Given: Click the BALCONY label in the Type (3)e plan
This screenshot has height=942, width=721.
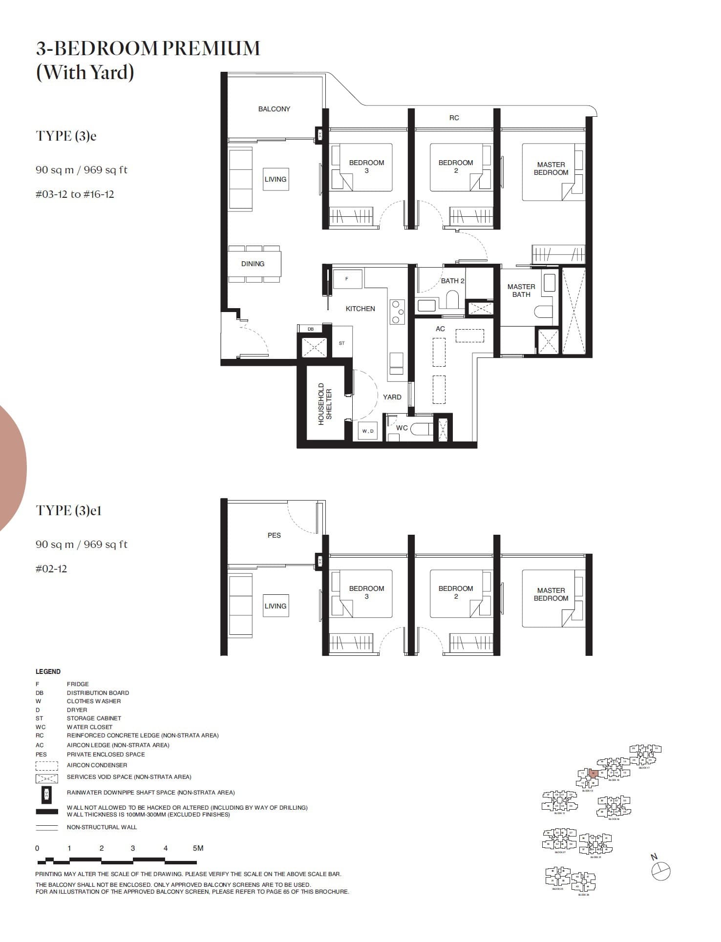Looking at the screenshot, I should [274, 109].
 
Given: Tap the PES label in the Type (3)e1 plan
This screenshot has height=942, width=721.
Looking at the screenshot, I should [274, 535].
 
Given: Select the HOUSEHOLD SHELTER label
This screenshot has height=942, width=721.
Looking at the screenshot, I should [325, 404].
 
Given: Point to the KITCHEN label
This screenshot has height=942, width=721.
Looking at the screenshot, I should [360, 309].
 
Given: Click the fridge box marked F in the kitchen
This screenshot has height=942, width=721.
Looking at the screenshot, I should [347, 279].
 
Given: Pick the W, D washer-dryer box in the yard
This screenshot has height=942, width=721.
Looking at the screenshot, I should [367, 431].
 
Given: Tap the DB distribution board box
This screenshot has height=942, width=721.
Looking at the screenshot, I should [311, 329].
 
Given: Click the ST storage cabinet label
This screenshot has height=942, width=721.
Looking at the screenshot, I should [341, 343].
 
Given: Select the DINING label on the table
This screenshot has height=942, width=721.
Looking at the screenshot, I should [253, 264].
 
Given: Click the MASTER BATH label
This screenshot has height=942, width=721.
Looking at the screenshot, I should [521, 291].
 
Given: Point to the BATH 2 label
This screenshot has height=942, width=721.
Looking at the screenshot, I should [452, 281].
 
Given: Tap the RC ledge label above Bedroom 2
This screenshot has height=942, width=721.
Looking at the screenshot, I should [454, 118].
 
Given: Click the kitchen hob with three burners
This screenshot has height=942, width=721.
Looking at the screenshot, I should [397, 312].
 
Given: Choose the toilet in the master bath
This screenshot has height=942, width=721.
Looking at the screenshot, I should [543, 311].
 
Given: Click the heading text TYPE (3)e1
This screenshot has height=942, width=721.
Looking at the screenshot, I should [69, 510].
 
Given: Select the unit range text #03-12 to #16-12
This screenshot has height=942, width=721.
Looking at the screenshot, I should [75, 194].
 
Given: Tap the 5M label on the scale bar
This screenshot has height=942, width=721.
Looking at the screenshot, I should [198, 848].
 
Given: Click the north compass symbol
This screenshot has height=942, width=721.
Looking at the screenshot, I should [661, 871].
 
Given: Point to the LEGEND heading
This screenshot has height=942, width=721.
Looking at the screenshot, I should [48, 671].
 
